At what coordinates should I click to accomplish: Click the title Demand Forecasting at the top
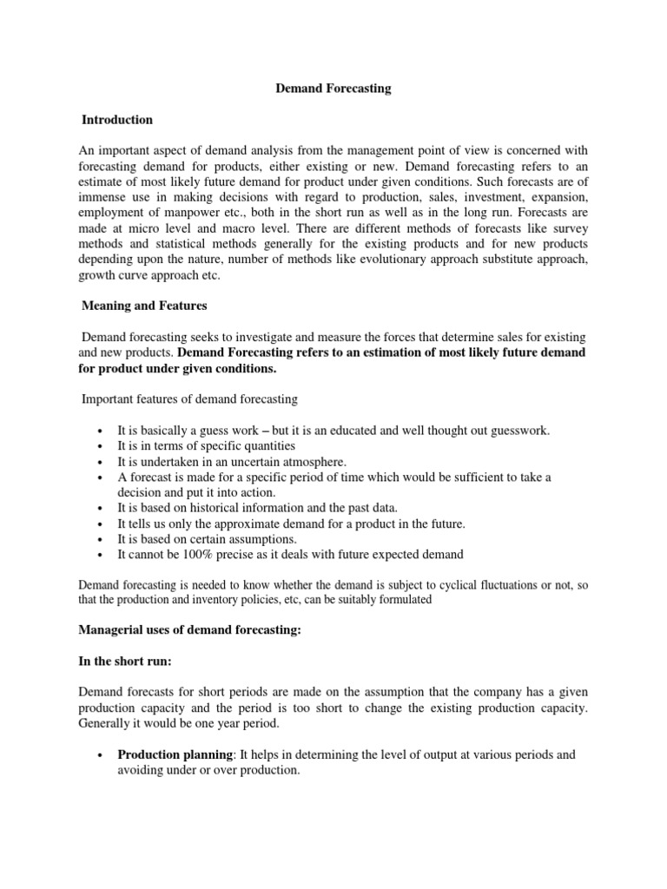point(333,89)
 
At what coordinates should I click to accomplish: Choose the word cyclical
point(452,584)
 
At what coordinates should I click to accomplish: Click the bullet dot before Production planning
point(102,755)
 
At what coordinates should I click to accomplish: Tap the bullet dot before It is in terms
point(102,447)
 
